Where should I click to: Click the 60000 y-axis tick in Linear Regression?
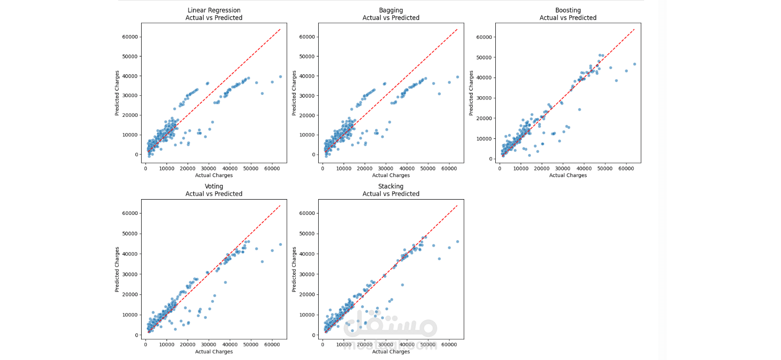pyautogui.click(x=130, y=37)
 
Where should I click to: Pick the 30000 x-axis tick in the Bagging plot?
pyautogui.click(x=386, y=169)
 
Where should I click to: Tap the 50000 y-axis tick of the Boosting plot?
pyautogui.click(x=484, y=57)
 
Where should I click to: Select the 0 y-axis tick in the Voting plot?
pyautogui.click(x=136, y=335)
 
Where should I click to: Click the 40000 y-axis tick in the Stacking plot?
pyautogui.click(x=307, y=254)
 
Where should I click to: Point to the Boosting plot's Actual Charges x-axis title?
pyautogui.click(x=568, y=175)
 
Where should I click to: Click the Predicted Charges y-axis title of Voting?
pyautogui.click(x=117, y=270)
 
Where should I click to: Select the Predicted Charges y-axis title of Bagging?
pyautogui.click(x=294, y=93)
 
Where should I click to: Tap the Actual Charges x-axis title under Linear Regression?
pyautogui.click(x=214, y=175)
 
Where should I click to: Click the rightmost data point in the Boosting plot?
pyautogui.click(x=635, y=64)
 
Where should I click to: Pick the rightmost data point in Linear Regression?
pyautogui.click(x=280, y=77)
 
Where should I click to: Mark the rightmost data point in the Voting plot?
pyautogui.click(x=280, y=245)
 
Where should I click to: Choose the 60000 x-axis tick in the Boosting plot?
pyautogui.click(x=626, y=169)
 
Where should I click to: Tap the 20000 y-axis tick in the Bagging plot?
pyautogui.click(x=307, y=115)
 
